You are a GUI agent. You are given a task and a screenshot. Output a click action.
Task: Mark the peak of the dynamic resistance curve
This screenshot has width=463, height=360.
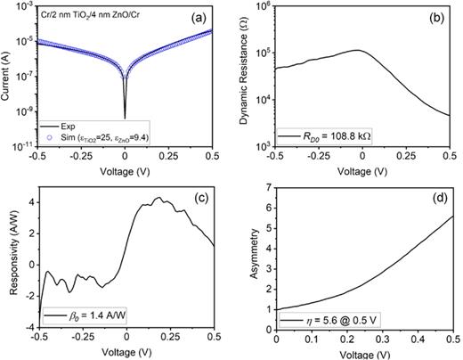tap(356, 51)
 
